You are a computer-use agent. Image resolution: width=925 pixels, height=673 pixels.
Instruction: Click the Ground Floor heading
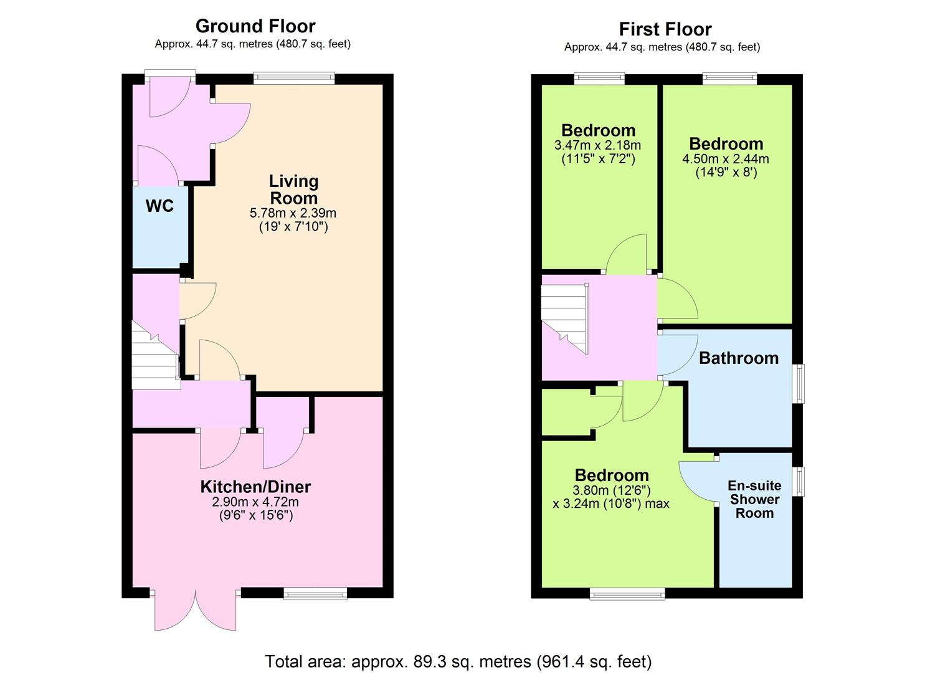255,26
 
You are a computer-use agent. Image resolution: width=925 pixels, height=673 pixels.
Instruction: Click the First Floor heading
665,29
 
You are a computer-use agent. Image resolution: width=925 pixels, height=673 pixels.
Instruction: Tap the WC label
159,206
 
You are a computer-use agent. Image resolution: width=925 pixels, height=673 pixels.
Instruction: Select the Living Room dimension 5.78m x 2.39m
293,213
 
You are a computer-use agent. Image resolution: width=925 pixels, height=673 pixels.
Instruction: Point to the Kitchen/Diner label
255,487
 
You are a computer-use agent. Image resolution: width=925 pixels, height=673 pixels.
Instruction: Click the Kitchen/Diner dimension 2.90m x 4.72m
255,502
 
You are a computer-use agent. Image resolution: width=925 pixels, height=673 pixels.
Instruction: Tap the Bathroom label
738,358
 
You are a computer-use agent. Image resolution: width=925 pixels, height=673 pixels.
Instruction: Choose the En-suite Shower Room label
754,499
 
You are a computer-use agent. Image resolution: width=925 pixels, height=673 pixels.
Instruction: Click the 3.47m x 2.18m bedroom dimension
597,145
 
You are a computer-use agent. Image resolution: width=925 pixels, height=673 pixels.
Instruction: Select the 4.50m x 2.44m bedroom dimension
726,159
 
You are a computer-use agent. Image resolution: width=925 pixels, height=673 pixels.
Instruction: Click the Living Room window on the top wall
293,79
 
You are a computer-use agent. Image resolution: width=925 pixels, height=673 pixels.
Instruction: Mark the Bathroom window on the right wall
800,383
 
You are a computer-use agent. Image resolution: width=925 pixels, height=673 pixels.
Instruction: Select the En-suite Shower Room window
800,481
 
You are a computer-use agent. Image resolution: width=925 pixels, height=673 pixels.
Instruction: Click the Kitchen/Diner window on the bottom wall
315,594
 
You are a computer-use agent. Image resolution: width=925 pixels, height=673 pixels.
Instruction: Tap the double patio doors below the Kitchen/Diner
196,610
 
